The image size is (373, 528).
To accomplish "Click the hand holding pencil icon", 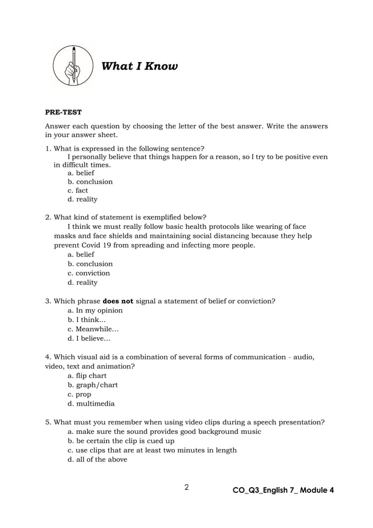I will tap(73, 66).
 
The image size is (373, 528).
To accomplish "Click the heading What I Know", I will tap(140, 66).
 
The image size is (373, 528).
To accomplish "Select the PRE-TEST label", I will tap(64, 112).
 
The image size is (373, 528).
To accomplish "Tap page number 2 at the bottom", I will tap(186, 487).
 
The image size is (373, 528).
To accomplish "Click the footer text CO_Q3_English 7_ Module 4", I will tap(283, 490).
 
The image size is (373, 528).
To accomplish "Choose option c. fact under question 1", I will tap(78, 190).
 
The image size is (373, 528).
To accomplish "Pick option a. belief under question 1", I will tap(81, 173).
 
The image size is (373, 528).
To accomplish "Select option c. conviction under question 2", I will tap(88, 273).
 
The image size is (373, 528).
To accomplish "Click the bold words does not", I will tap(118, 301).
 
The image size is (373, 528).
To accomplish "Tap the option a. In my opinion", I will tap(95, 310).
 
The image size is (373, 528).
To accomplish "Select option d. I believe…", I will tap(89, 338).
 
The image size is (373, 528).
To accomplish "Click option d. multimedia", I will tap(91, 403).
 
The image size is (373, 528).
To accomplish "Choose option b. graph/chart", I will tap(93, 385).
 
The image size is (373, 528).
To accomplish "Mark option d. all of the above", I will tap(97, 460).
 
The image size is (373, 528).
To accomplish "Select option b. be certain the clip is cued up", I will tap(121, 441).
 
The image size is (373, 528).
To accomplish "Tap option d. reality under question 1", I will tap(82, 199).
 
